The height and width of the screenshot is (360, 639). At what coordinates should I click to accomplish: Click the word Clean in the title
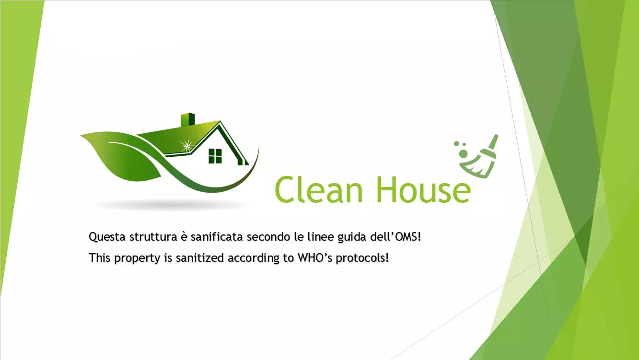[319, 189]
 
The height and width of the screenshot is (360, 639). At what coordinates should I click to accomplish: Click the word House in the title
[423, 189]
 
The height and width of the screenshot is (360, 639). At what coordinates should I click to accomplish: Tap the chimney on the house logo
[188, 120]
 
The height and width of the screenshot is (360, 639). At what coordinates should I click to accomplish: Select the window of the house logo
[215, 156]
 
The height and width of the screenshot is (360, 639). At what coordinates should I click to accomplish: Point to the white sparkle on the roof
[187, 146]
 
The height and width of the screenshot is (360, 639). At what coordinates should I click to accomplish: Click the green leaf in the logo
[121, 155]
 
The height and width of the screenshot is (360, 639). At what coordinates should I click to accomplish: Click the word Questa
[107, 237]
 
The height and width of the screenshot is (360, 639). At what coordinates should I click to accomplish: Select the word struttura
[153, 237]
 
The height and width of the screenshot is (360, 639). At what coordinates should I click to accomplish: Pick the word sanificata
[217, 237]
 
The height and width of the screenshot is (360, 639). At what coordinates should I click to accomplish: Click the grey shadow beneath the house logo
[171, 205]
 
